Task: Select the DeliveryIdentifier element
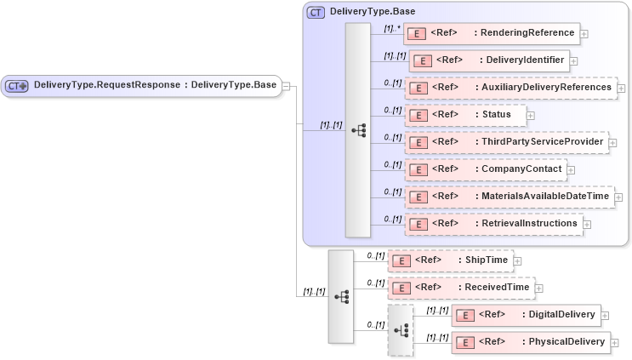[x=489, y=60]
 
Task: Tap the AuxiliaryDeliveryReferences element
[x=510, y=88]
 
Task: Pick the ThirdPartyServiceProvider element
[x=506, y=141]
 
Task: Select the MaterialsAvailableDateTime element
[x=510, y=197]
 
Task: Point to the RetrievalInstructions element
[x=497, y=224]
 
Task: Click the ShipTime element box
[x=450, y=260]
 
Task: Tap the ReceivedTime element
[x=461, y=288]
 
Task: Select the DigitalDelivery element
[x=525, y=315]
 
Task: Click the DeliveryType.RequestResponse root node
[x=141, y=85]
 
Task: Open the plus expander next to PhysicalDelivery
[x=615, y=343]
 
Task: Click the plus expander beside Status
[x=531, y=115]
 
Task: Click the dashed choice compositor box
[x=401, y=329]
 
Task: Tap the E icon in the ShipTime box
[x=403, y=260]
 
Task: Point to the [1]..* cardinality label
[x=391, y=28]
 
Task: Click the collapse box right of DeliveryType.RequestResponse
[x=287, y=85]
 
